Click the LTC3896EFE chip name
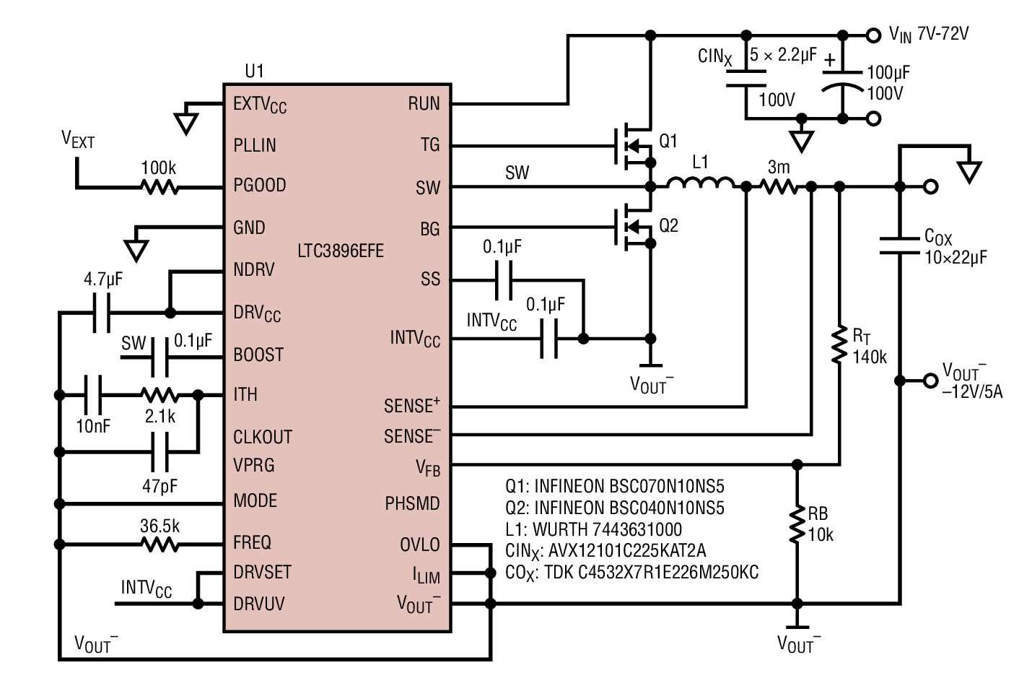click(x=341, y=251)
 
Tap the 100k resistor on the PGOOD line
click(x=159, y=187)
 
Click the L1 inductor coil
click(x=700, y=184)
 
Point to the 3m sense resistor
click(x=779, y=187)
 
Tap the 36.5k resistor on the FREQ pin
click(x=159, y=544)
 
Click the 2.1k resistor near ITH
click(x=159, y=395)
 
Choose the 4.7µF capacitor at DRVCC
click(x=102, y=313)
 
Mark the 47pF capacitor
click(x=159, y=452)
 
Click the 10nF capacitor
click(x=92, y=395)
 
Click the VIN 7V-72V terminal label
click(x=928, y=34)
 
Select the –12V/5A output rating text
click(x=971, y=392)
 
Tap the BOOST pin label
click(x=258, y=355)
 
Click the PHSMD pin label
click(x=412, y=503)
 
